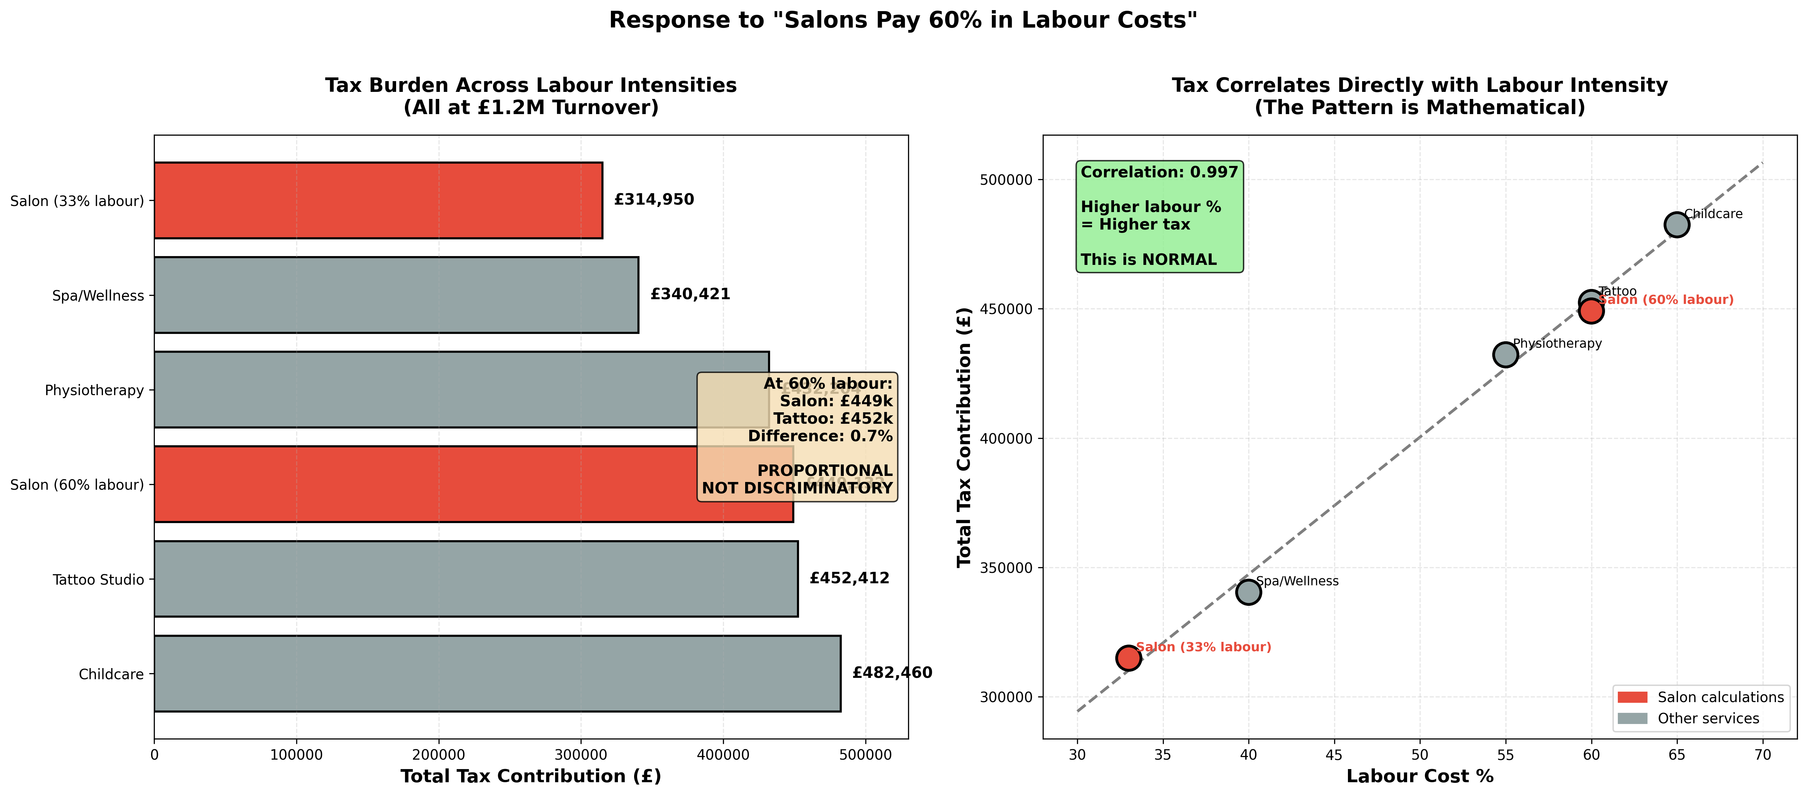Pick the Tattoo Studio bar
(x=476, y=579)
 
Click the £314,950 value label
(x=654, y=200)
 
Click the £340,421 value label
(x=690, y=295)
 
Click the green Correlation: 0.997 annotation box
(x=1159, y=216)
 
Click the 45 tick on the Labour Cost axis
(x=1333, y=755)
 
